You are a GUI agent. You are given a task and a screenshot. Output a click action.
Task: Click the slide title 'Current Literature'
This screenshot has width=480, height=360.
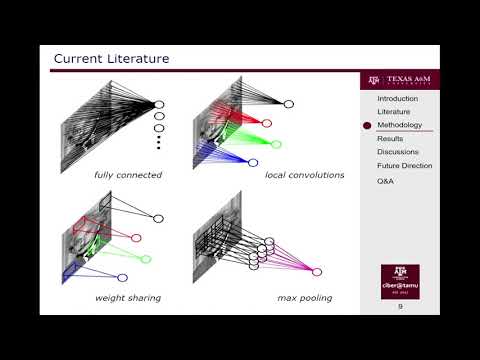pyautogui.click(x=111, y=59)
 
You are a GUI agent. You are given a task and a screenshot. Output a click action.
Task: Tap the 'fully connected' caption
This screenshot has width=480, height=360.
pyautogui.click(x=128, y=175)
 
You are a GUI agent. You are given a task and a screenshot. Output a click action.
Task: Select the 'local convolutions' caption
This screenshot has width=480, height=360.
pyautogui.click(x=304, y=175)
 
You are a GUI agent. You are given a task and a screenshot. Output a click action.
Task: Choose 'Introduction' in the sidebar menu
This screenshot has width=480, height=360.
pyautogui.click(x=397, y=99)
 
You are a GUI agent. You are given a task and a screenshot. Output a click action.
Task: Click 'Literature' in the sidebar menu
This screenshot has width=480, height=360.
pyautogui.click(x=393, y=112)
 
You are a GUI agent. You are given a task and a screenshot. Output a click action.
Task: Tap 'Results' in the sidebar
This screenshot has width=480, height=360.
pyautogui.click(x=390, y=139)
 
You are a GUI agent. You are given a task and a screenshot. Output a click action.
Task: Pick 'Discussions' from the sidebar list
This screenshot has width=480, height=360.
pyautogui.click(x=397, y=152)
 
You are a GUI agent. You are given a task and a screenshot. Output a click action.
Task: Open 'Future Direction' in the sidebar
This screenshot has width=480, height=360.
pyautogui.click(x=404, y=165)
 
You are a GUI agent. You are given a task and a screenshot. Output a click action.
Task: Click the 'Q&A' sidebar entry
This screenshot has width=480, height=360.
pyautogui.click(x=386, y=182)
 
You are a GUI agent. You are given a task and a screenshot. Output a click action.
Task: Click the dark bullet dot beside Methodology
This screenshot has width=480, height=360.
pyautogui.click(x=367, y=126)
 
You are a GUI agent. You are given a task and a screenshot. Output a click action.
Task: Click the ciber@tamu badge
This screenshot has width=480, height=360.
pyautogui.click(x=400, y=282)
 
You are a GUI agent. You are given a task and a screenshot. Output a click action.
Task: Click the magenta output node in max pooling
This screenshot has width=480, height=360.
pyautogui.click(x=317, y=271)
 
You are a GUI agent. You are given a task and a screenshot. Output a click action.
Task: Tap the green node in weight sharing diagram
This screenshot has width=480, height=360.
pyautogui.click(x=146, y=259)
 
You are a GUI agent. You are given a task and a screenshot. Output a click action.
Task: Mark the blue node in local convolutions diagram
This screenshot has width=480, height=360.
pyautogui.click(x=253, y=162)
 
